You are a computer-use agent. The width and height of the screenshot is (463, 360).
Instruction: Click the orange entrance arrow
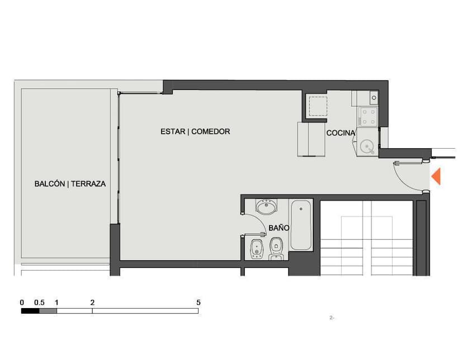click(x=436, y=176)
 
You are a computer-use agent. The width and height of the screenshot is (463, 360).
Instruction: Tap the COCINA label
click(x=341, y=133)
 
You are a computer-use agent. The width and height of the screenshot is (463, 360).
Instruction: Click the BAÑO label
click(x=278, y=228)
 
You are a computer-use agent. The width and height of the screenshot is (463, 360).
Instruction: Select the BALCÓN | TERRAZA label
click(x=70, y=183)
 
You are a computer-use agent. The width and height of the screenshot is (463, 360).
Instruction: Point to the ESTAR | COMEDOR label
click(x=195, y=132)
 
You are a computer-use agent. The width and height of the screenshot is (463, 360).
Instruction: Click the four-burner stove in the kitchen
click(x=368, y=116)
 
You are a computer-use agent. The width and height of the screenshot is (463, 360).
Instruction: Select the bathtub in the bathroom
click(x=301, y=225)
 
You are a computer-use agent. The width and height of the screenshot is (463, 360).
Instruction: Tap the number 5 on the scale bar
click(x=199, y=302)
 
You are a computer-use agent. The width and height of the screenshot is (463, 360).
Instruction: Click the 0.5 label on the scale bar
click(x=39, y=302)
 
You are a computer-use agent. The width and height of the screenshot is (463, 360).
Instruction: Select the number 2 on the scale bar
click(x=92, y=302)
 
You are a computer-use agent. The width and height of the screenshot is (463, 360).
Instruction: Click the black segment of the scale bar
click(x=30, y=311)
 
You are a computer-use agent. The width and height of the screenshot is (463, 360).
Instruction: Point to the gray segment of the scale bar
click(x=48, y=311)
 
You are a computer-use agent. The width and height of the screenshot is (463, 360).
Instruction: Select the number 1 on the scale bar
click(x=57, y=302)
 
